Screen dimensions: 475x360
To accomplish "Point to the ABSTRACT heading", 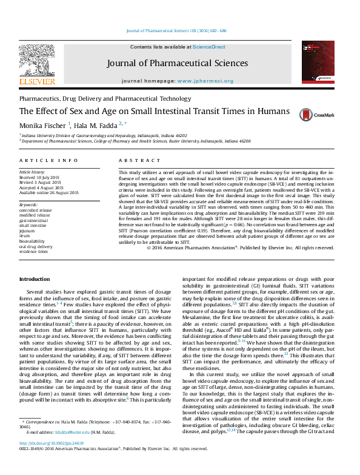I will pyautogui.click(x=134, y=161).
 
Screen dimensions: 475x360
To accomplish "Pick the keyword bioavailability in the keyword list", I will pyautogui.click(x=33, y=241).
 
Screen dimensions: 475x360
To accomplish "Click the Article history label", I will pyautogui.click(x=33, y=172).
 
